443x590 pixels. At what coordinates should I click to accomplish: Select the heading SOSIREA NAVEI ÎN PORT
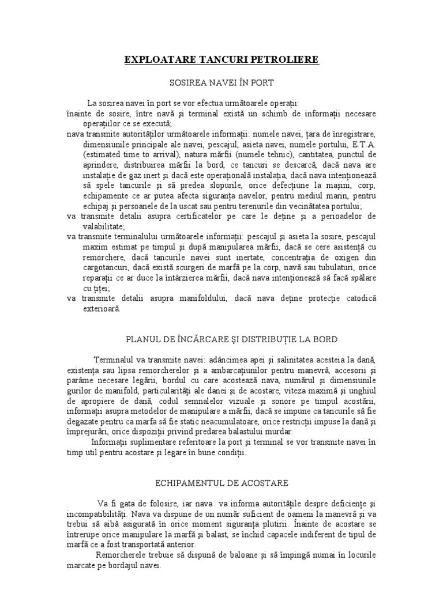click(x=221, y=82)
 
